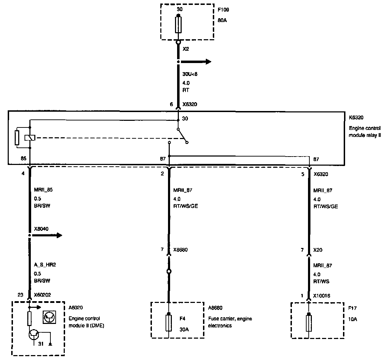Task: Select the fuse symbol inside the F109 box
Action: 178,25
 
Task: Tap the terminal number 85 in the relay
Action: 24,159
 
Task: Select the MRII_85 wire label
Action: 43,190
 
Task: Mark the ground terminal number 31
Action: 41,344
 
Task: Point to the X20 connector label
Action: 318,250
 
